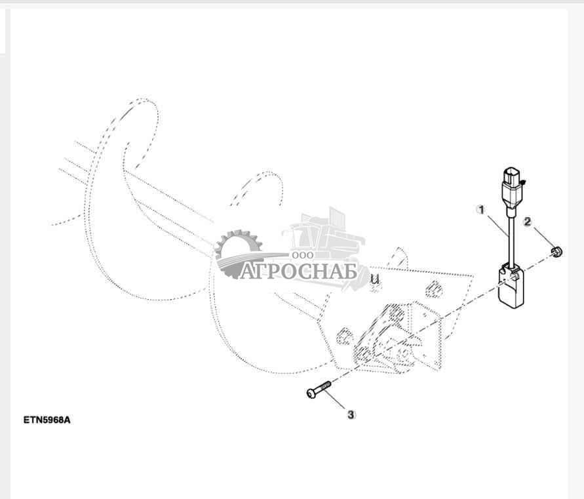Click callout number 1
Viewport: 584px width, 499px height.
[x=481, y=210]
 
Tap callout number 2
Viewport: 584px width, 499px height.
[x=527, y=222]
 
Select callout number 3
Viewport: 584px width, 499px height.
[x=351, y=414]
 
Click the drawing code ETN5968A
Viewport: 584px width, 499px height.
[x=47, y=420]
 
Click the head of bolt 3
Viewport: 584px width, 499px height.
[x=311, y=393]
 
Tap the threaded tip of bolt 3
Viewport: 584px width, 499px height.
[x=326, y=385]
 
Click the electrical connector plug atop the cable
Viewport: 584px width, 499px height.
[x=512, y=190]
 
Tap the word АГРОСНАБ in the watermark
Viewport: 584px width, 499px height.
[x=298, y=271]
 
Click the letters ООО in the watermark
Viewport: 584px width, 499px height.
[x=303, y=255]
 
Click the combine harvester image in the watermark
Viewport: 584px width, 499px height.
[x=323, y=239]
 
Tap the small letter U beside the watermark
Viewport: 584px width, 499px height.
[x=375, y=279]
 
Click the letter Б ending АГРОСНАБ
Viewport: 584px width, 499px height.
[x=350, y=271]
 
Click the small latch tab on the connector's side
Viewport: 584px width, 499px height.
[x=523, y=182]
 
